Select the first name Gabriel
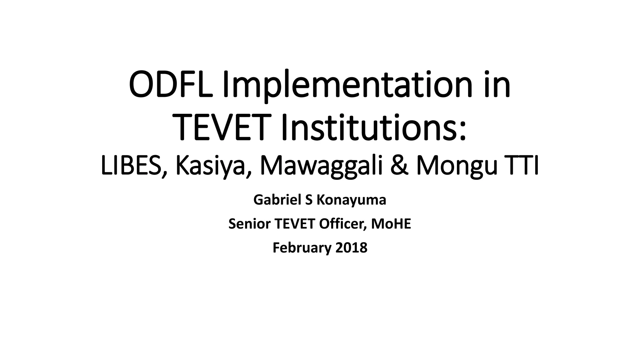click(277, 200)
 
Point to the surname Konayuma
click(351, 200)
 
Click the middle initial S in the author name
click(309, 200)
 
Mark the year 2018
click(351, 247)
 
